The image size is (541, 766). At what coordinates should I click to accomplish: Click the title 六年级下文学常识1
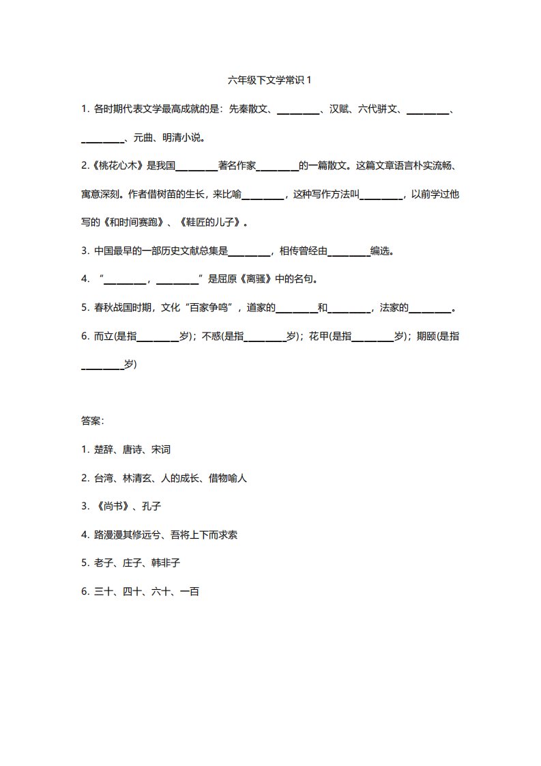click(x=270, y=80)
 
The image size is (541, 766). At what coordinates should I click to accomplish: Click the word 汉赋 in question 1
click(x=340, y=109)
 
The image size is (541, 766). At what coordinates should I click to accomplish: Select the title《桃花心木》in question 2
click(x=116, y=166)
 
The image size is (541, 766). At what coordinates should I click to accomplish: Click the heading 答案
click(x=92, y=421)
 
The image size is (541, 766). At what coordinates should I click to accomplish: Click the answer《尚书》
click(x=111, y=507)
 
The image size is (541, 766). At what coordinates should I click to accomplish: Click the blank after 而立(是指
click(x=158, y=337)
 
